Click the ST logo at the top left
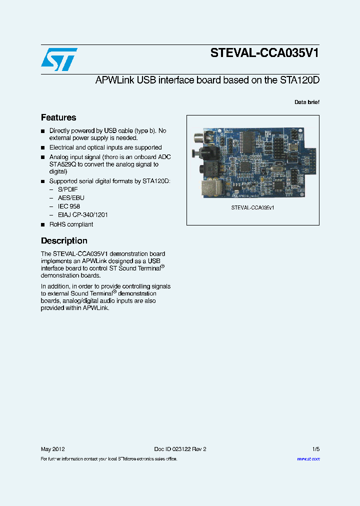click(x=58, y=59)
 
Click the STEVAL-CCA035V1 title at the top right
click(x=264, y=53)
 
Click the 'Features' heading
click(x=58, y=118)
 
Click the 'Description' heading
click(x=64, y=240)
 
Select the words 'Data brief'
click(x=306, y=102)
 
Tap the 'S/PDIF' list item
click(x=67, y=189)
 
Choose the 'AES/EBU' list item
click(x=70, y=198)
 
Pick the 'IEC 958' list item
click(x=68, y=206)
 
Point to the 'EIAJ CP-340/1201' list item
click(x=82, y=214)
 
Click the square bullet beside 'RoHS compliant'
click(x=43, y=224)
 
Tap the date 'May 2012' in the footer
click(x=52, y=449)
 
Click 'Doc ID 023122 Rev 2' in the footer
click(x=180, y=449)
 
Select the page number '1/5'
click(x=315, y=449)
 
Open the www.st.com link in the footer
click(x=308, y=459)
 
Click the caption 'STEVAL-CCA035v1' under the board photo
click(x=252, y=207)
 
